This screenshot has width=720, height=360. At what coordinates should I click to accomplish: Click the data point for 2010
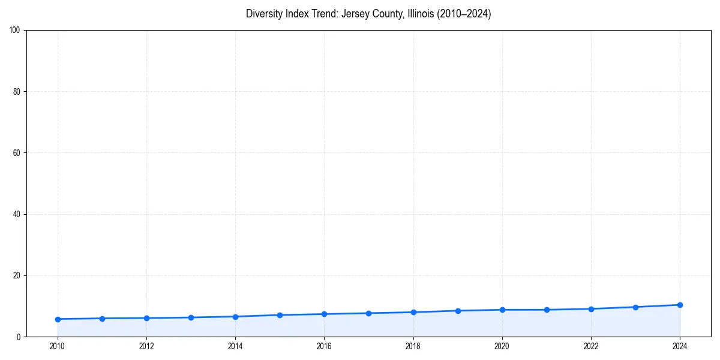pos(58,319)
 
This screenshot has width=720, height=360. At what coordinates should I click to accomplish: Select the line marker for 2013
pos(191,317)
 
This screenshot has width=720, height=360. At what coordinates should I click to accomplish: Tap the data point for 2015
pos(280,315)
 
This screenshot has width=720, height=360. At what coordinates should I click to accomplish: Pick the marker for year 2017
pos(368,313)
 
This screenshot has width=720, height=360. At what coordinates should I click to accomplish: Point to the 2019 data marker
pos(458,311)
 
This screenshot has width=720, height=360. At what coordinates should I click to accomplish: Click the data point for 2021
pos(547,310)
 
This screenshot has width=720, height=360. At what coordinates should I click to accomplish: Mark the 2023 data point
pos(635,307)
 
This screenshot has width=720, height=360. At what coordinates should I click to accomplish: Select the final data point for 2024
pos(680,305)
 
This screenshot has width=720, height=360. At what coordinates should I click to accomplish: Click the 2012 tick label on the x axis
pos(146,346)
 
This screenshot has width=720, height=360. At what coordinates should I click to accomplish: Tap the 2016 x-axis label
pos(324,346)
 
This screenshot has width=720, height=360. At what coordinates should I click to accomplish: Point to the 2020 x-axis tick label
pos(502,346)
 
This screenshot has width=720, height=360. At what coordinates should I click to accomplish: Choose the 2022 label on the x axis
pos(591,346)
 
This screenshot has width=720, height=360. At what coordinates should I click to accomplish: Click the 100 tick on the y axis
pos(15,30)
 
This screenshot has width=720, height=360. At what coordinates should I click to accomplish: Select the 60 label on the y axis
pos(17,153)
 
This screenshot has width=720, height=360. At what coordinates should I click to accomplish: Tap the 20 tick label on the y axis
pos(17,275)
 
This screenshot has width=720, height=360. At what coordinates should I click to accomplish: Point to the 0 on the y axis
pos(19,337)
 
